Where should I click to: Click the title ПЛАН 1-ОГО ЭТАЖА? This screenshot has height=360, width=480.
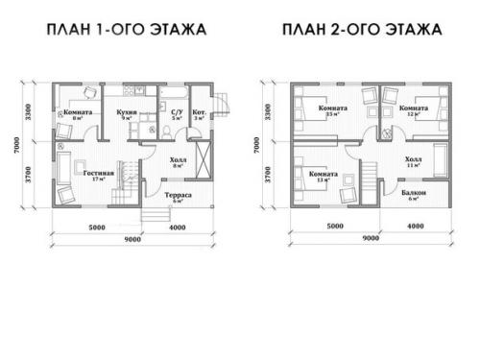(x=127, y=29)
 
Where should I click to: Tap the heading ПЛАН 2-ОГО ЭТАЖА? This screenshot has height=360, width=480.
(x=362, y=29)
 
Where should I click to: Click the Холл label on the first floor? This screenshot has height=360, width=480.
(x=177, y=160)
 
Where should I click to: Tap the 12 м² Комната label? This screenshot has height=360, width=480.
(x=414, y=108)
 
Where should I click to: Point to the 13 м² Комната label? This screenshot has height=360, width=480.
(x=322, y=174)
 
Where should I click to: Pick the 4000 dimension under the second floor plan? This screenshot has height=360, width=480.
(x=415, y=227)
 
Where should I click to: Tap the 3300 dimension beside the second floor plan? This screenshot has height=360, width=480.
(x=267, y=115)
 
